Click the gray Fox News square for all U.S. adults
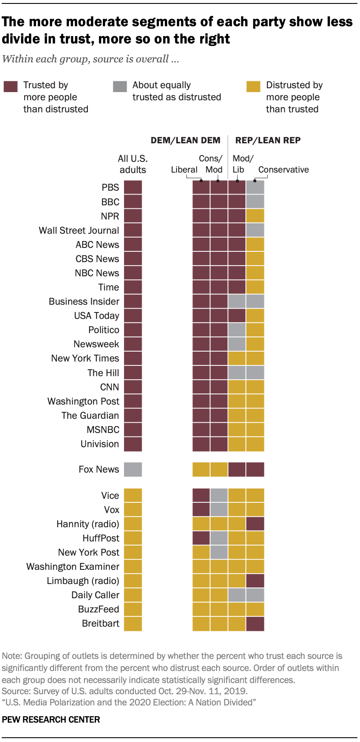click(x=133, y=469)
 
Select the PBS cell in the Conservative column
click(x=255, y=187)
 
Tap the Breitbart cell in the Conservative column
click(x=255, y=623)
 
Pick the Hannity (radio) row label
click(x=88, y=524)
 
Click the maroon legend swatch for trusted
click(x=11, y=86)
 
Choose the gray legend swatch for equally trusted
click(x=120, y=86)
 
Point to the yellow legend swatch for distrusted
click(x=253, y=86)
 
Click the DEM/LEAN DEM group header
click(x=185, y=140)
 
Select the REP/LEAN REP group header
click(x=268, y=140)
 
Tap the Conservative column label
click(x=283, y=170)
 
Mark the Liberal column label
click(x=184, y=170)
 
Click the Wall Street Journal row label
click(x=79, y=230)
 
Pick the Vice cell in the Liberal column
click(x=201, y=495)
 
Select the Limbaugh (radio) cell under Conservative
click(x=255, y=581)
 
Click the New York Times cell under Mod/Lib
click(x=237, y=358)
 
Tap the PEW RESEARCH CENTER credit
click(x=51, y=720)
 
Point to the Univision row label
click(x=99, y=444)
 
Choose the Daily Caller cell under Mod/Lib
click(x=237, y=595)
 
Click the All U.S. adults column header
click(x=133, y=164)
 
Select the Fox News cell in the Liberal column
click(x=201, y=469)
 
